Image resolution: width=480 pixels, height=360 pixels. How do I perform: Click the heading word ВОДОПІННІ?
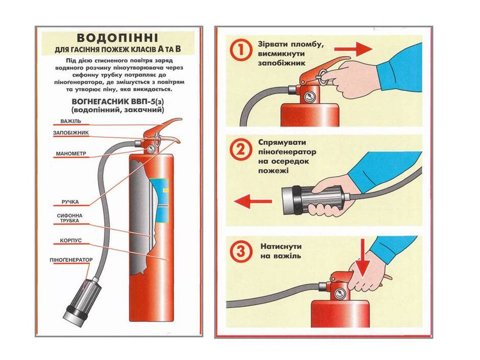117,38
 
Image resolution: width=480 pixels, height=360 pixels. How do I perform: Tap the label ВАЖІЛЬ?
70,121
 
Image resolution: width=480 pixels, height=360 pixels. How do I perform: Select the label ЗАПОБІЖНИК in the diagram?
70,133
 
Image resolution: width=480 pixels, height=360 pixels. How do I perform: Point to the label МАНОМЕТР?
71,154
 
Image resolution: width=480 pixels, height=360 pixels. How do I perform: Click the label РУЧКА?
70,202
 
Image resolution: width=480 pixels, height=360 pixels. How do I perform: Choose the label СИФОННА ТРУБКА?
69,218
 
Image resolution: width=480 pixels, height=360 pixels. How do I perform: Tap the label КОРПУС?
70,241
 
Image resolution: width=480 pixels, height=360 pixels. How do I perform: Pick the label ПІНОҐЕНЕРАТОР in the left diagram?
71,260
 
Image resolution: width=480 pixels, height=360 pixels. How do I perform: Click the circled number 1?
241,51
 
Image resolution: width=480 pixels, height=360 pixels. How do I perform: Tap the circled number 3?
241,251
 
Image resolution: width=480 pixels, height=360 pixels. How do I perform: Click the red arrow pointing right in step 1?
353,49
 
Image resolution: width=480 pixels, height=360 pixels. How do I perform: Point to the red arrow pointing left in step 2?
253,201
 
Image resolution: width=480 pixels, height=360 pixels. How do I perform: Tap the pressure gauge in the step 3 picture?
340,294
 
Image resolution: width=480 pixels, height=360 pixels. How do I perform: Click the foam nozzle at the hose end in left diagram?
81,299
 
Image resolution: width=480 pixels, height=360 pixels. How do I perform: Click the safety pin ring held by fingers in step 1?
322,76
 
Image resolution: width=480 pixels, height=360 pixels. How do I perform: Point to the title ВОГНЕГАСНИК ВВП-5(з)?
117,102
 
